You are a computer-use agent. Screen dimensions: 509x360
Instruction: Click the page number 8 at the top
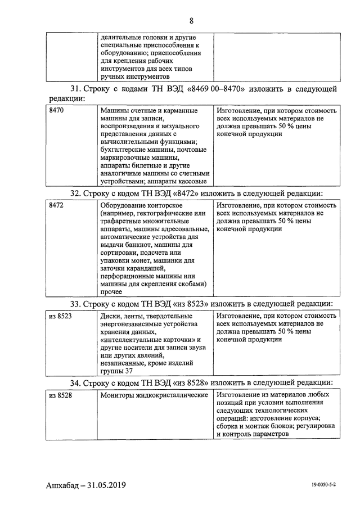click(x=191, y=21)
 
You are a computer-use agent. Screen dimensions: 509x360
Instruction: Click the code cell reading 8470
click(x=56, y=111)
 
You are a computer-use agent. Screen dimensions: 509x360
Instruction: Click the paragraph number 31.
click(x=75, y=89)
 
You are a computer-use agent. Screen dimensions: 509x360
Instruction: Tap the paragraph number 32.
click(x=75, y=193)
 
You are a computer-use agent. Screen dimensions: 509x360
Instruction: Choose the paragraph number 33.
click(x=75, y=304)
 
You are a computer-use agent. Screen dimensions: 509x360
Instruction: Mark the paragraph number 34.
click(x=75, y=383)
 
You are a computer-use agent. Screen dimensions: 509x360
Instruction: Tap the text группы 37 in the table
click(x=116, y=371)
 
